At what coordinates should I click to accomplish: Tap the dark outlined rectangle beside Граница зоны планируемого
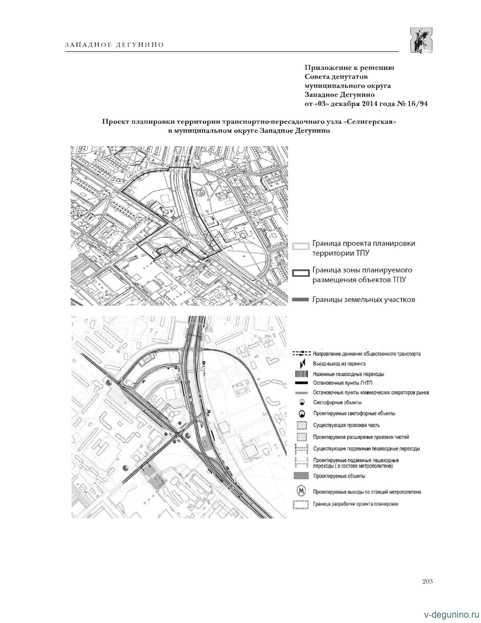[301, 273]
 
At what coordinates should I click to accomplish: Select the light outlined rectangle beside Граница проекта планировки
[301, 246]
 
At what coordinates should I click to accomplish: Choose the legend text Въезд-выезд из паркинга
[339, 364]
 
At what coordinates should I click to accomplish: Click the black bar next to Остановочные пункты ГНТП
[301, 383]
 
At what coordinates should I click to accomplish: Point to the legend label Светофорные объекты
[337, 402]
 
